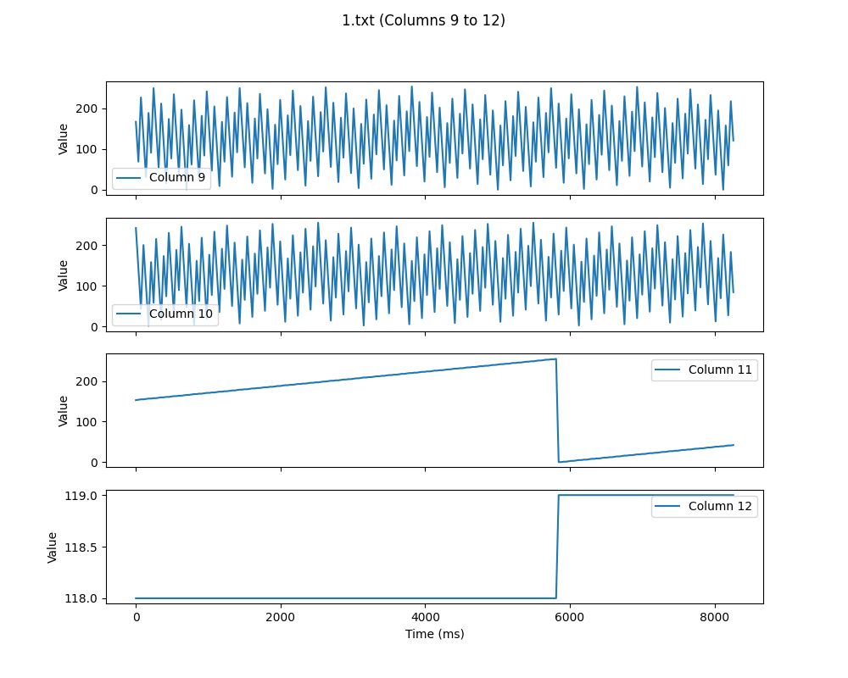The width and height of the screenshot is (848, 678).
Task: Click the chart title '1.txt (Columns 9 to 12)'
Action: pyautogui.click(x=423, y=20)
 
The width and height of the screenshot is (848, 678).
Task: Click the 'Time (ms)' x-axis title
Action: pyautogui.click(x=434, y=634)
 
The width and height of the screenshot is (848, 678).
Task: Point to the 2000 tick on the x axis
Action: pyautogui.click(x=281, y=617)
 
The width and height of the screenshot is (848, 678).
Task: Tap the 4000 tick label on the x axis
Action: pyautogui.click(x=425, y=617)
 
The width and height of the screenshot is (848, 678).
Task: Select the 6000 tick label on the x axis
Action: pyautogui.click(x=570, y=617)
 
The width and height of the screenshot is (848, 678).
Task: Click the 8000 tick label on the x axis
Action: pyautogui.click(x=714, y=617)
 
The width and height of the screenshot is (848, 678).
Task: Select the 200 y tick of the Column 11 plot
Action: pyautogui.click(x=87, y=381)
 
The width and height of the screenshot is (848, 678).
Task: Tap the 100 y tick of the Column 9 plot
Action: pyautogui.click(x=87, y=149)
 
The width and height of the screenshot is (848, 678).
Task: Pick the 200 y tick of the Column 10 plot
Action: pyautogui.click(x=87, y=245)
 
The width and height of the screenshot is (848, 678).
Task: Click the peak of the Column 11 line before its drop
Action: pyautogui.click(x=555, y=359)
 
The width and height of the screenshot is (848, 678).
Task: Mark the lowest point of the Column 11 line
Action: pyautogui.click(x=559, y=462)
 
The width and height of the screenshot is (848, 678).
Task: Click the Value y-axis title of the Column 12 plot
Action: pyautogui.click(x=53, y=547)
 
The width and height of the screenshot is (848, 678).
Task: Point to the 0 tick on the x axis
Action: pyautogui.click(x=136, y=617)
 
